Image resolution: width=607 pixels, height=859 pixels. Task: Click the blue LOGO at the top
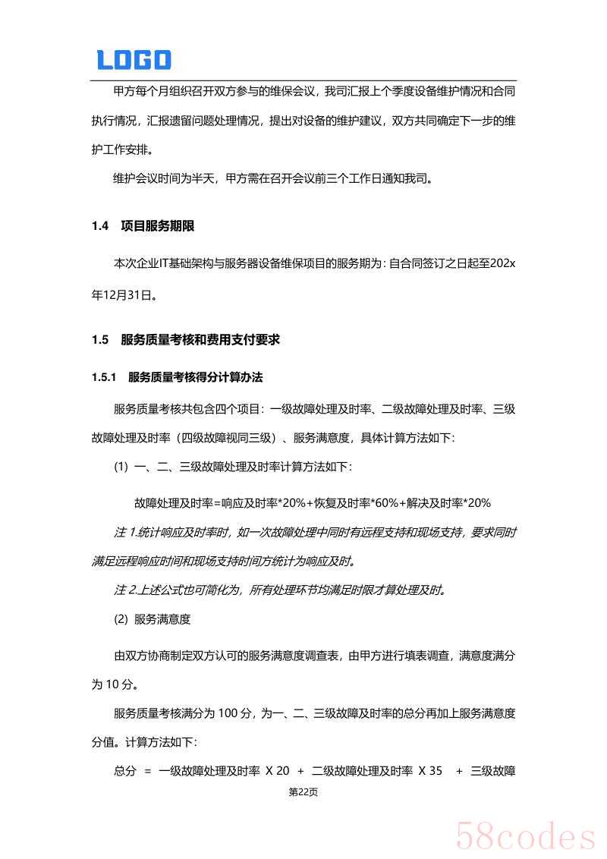tap(134, 60)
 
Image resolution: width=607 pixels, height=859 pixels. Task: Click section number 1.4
tap(101, 226)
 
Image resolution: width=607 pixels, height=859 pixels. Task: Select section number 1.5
tap(101, 340)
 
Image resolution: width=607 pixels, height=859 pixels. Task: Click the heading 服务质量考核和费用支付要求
tap(200, 340)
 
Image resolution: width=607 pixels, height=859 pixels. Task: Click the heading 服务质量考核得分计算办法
tap(196, 377)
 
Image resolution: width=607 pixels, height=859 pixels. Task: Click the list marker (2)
tap(121, 619)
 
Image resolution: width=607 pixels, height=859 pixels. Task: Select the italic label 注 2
tap(124, 590)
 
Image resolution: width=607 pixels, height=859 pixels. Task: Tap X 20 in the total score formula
tap(278, 771)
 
